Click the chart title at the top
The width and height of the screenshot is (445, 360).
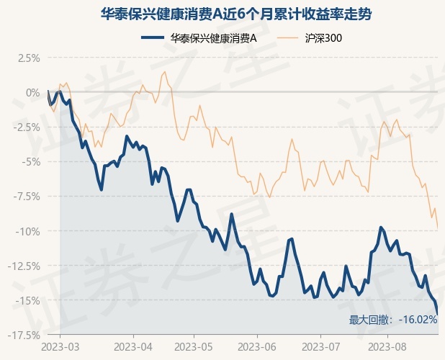tap(236, 14)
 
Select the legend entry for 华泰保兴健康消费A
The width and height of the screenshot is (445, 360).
tap(199, 38)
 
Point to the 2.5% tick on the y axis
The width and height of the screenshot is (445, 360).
tap(29, 58)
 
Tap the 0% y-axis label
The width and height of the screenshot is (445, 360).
tap(33, 93)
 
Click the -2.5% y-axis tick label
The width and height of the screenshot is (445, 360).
tap(27, 127)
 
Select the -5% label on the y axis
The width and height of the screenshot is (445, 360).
tap(30, 162)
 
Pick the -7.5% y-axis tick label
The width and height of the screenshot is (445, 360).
tap(27, 197)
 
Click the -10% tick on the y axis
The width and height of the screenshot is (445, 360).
tap(28, 232)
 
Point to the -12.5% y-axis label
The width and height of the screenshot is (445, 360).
tap(24, 266)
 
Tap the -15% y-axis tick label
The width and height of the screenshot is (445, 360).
tap(28, 301)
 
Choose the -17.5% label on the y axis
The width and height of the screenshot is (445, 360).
tap(24, 336)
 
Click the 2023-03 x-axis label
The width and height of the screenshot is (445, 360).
tap(60, 347)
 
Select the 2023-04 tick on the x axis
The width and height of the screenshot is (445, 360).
tap(133, 347)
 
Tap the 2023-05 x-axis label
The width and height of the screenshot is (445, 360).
tap(194, 347)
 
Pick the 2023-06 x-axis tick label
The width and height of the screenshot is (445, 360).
tap(257, 347)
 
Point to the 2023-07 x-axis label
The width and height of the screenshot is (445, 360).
tap(320, 347)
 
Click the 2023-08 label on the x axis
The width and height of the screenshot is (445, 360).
tap(387, 347)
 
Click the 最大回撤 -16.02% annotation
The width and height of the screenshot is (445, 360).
tap(393, 320)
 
